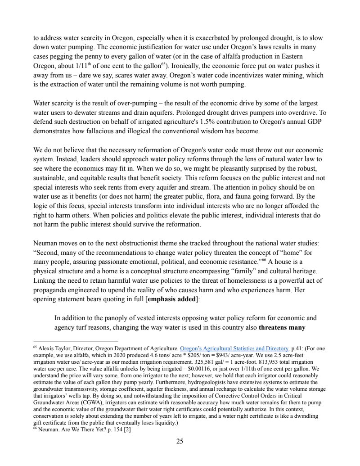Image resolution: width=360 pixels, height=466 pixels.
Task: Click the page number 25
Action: click(180, 442)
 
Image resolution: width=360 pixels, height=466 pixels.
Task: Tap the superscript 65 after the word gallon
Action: click(163, 63)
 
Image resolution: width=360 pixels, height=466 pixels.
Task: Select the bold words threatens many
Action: click(283, 327)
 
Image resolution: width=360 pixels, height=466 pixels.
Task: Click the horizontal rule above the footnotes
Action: click(76, 341)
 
